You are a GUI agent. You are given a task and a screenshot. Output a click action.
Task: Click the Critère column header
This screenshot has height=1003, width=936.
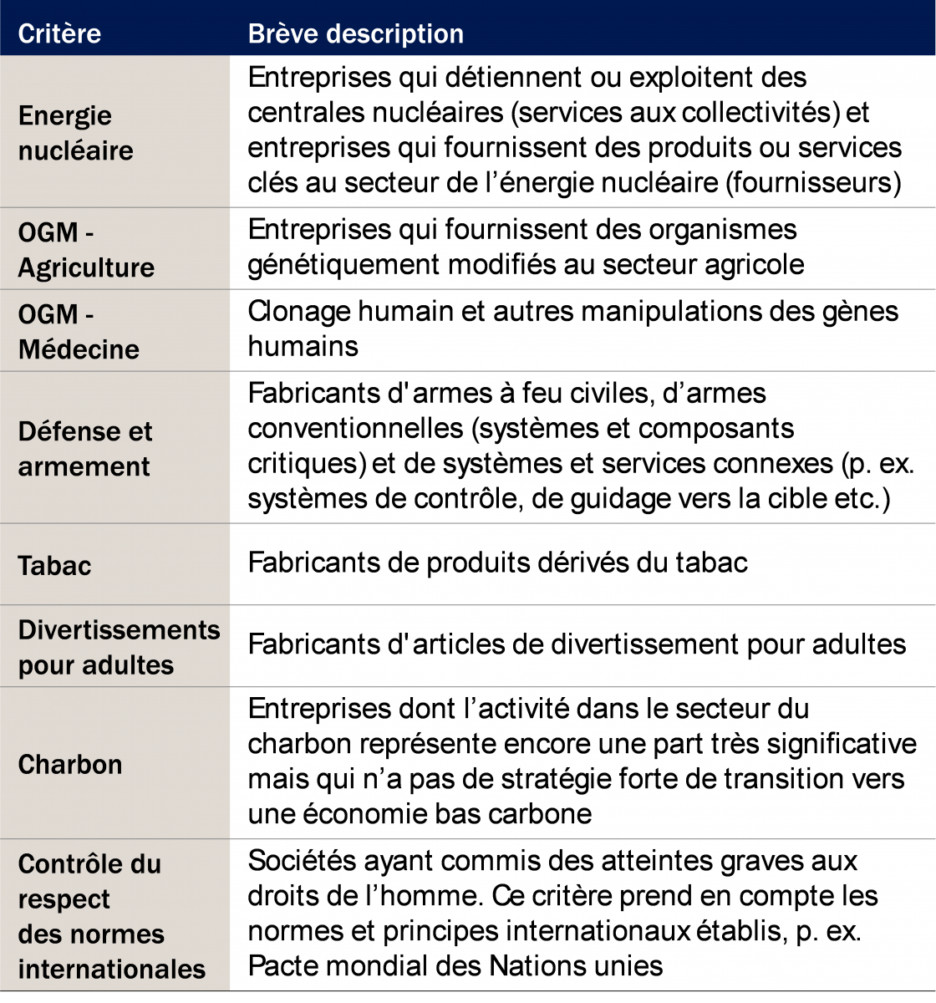click(59, 33)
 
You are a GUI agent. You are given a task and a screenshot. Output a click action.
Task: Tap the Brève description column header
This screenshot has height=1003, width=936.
click(356, 33)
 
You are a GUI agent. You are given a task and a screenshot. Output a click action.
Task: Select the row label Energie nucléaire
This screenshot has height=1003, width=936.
click(76, 133)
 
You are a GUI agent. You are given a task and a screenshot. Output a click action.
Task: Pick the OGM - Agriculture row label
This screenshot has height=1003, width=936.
click(86, 250)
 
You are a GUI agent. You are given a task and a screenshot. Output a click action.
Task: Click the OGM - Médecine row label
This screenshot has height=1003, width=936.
click(79, 332)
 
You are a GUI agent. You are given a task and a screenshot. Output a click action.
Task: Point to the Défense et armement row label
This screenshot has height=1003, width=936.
click(85, 449)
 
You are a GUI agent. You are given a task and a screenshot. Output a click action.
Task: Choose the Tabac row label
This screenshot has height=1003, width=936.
click(54, 566)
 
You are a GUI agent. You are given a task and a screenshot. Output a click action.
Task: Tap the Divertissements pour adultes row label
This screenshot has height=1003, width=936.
click(119, 648)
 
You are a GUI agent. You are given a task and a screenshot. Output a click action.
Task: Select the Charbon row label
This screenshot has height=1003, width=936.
click(70, 765)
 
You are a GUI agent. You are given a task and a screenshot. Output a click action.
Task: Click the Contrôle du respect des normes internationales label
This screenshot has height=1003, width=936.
click(111, 916)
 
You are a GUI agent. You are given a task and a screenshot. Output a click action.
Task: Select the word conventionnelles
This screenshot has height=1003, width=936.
click(355, 428)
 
